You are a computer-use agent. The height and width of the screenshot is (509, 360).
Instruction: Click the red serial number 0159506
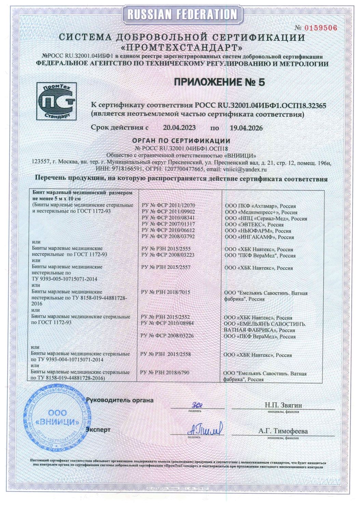tap(320, 28)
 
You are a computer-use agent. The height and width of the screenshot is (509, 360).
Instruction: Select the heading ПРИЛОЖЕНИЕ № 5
tap(219, 82)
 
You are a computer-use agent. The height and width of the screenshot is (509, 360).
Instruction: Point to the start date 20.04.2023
tap(179, 128)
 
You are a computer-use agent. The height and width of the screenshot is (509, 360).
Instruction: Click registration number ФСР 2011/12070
tap(168, 206)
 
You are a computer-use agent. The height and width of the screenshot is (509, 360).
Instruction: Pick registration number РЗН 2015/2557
tap(166, 267)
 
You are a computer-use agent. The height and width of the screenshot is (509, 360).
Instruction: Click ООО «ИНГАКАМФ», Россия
tap(259, 237)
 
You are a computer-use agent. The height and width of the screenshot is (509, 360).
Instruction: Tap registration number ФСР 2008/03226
tap(167, 336)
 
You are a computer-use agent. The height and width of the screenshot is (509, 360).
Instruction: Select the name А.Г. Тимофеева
tap(283, 431)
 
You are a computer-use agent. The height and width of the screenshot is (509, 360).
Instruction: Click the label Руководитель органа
tap(120, 400)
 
